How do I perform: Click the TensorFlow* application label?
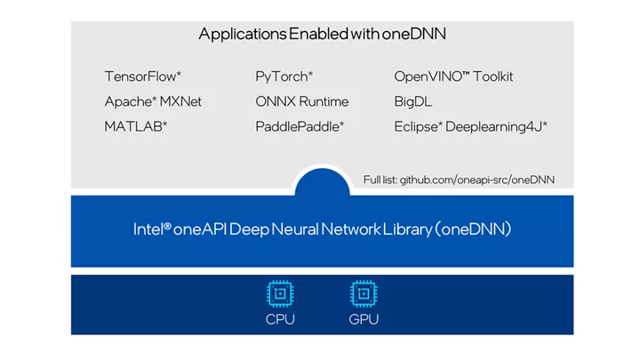click(x=143, y=76)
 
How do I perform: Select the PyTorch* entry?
click(x=284, y=76)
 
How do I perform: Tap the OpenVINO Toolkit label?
click(x=453, y=76)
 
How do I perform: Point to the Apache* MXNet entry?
click(x=153, y=101)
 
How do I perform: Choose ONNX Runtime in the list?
click(x=302, y=101)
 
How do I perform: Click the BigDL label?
click(x=413, y=101)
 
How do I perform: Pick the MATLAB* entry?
click(x=136, y=126)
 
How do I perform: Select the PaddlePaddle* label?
click(x=300, y=126)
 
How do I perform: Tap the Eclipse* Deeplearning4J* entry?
click(x=470, y=126)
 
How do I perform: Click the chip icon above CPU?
click(x=280, y=293)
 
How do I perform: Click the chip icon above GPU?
click(x=364, y=293)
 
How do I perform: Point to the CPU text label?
click(x=280, y=319)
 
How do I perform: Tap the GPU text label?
click(x=364, y=319)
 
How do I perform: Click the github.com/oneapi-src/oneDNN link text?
click(x=477, y=180)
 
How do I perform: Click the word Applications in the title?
click(x=243, y=34)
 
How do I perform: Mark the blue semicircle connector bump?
click(x=322, y=182)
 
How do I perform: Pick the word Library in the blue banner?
click(x=408, y=229)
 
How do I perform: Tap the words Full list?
click(x=380, y=180)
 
